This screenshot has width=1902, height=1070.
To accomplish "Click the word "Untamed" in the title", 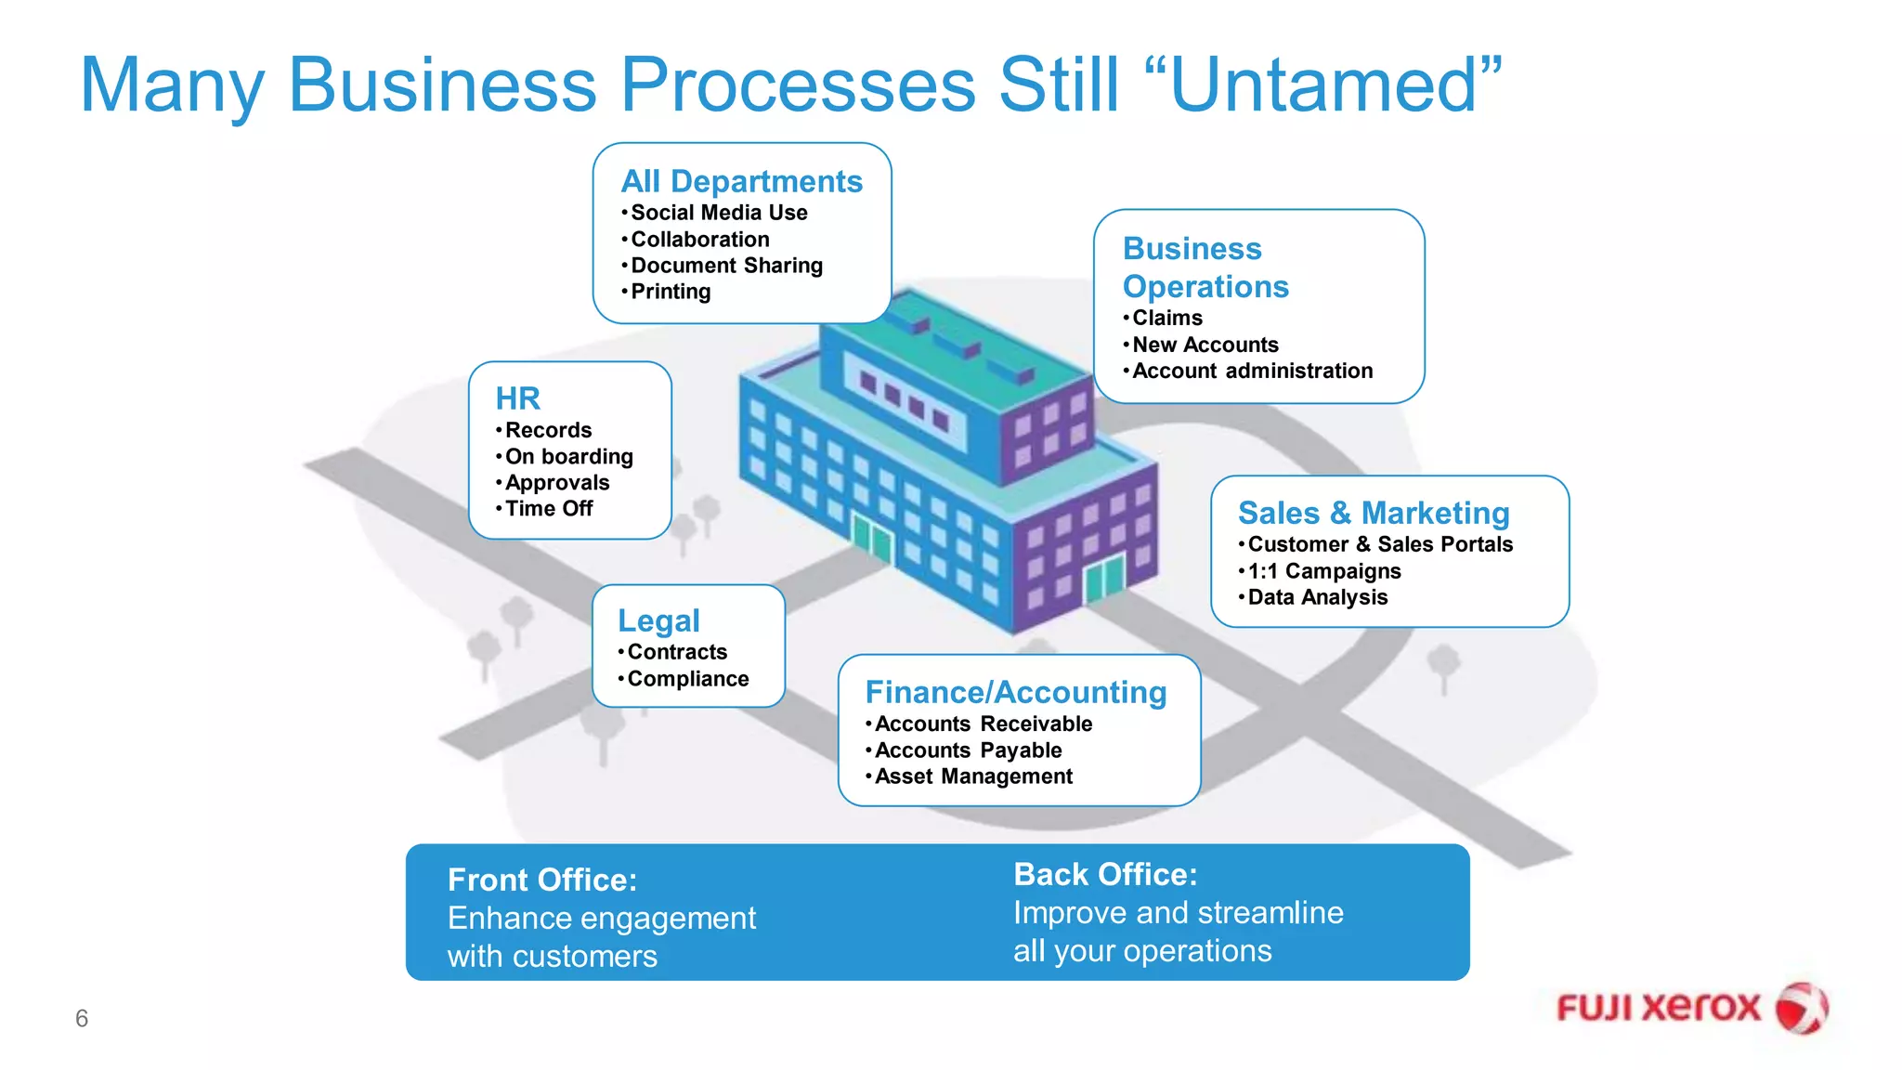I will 1323,85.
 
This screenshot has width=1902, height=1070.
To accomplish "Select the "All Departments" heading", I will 741,181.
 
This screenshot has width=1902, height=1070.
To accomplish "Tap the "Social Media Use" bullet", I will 719,213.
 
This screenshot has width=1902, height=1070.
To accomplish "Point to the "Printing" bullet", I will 671,292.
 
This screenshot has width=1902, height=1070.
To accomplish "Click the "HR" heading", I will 517,398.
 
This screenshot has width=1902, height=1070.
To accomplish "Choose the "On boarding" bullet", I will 568,457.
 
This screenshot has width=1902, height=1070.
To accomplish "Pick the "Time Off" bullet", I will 548,509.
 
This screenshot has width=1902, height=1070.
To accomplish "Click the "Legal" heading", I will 658,620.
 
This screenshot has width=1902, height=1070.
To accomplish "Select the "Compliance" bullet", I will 687,679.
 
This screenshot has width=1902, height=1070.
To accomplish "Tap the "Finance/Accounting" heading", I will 1015,692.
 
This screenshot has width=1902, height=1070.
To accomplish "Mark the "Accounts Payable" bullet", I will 968,750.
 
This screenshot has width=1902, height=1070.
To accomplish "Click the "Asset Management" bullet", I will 973,776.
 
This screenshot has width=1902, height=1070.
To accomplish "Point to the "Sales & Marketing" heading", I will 1374,513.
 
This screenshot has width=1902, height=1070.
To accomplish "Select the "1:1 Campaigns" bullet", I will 1323,571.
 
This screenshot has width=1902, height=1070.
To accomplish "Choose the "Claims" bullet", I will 1166,319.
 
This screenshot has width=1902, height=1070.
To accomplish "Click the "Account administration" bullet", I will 1252,372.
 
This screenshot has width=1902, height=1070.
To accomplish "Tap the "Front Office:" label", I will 542,880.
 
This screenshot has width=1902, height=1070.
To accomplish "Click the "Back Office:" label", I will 1105,874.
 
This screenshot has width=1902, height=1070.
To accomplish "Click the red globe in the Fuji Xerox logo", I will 1801,1008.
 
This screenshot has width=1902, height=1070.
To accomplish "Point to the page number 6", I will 82,1019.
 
